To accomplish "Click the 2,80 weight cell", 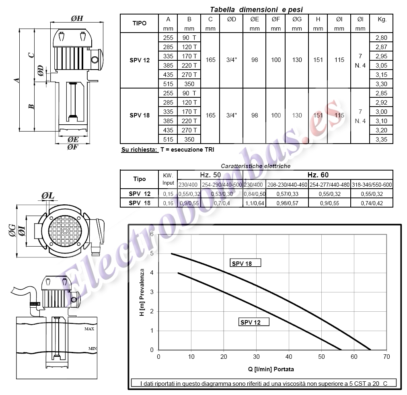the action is tap(381, 38).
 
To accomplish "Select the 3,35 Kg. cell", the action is tap(381, 139).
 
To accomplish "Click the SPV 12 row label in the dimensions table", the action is tap(140, 60).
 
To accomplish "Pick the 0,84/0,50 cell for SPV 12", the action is tap(255, 194).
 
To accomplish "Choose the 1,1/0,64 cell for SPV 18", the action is tap(255, 203).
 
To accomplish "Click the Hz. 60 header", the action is tap(318, 175).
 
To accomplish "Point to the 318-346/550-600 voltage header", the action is tap(372, 185).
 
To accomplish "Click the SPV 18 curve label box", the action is tap(245, 263).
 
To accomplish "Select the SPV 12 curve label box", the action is tap(254, 322).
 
